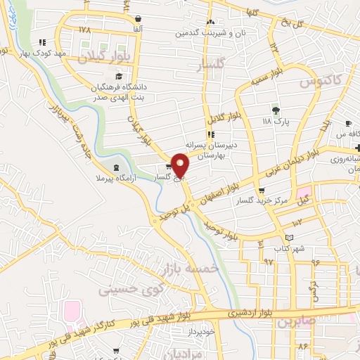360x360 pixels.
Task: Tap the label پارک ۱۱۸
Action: (276, 122)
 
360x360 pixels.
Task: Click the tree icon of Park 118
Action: (276, 110)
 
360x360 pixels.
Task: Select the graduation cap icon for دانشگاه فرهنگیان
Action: (119, 76)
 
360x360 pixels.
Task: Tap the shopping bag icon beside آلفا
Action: (138, 18)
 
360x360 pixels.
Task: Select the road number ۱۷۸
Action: (85, 30)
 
